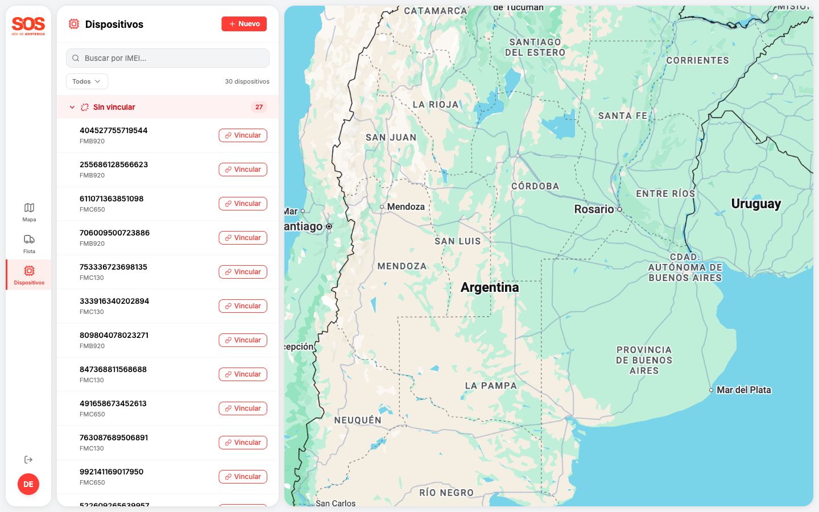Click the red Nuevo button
coord(244,24)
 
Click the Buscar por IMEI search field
coord(168,58)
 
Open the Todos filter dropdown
coord(86,81)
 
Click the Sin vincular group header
coord(114,107)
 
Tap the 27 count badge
coord(259,107)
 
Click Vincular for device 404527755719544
coord(243,135)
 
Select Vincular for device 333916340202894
coord(243,306)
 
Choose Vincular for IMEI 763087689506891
coord(243,443)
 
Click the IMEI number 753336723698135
coord(113,267)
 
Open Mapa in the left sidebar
coord(29,212)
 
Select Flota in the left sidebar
coord(29,243)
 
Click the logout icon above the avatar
coord(28,460)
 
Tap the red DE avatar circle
coord(28,484)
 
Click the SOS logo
coord(28,25)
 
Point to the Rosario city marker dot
coord(619,209)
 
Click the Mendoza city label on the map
coord(406,207)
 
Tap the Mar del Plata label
coord(743,390)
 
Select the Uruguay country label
coord(756,204)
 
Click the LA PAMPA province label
coord(491,386)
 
